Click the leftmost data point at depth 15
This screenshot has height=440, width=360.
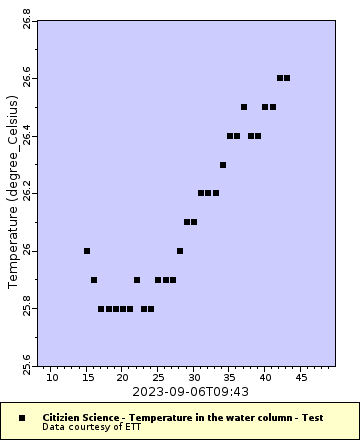click(x=87, y=251)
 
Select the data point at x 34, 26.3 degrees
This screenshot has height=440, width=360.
click(x=223, y=165)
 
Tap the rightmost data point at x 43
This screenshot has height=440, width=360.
click(x=287, y=78)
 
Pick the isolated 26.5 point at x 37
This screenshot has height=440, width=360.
click(x=244, y=107)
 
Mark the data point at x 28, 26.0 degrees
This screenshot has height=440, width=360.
click(x=180, y=251)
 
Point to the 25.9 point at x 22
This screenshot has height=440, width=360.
click(x=137, y=280)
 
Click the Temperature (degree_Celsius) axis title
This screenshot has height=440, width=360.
click(x=13, y=194)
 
